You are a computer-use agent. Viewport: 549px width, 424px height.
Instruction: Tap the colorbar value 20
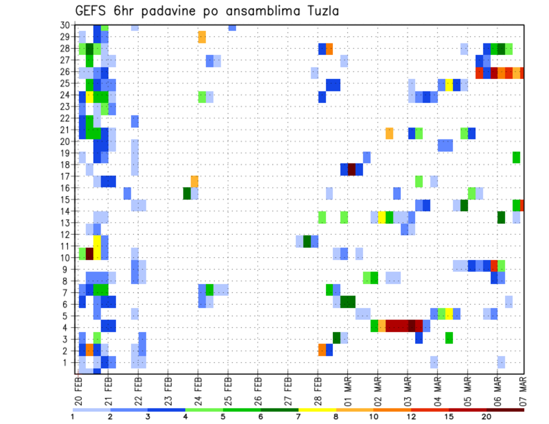[x=487, y=417]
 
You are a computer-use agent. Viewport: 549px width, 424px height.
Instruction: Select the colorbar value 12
[x=412, y=417]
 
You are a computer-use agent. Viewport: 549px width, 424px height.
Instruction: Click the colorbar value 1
[x=73, y=417]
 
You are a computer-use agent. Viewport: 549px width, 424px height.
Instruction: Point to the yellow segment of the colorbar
[x=317, y=409]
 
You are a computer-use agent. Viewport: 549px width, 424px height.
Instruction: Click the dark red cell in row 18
[x=352, y=170]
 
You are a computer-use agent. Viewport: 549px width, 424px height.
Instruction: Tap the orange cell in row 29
[x=202, y=37]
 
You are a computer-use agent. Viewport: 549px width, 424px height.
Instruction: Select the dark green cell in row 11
[x=307, y=241]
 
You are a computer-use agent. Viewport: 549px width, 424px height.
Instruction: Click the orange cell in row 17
[x=194, y=181]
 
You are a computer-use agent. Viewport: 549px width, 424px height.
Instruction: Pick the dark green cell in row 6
[x=348, y=301]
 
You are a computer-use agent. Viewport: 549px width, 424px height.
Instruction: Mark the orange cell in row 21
[x=389, y=133]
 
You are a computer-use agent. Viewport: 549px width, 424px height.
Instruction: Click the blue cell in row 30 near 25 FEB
[x=232, y=27]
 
